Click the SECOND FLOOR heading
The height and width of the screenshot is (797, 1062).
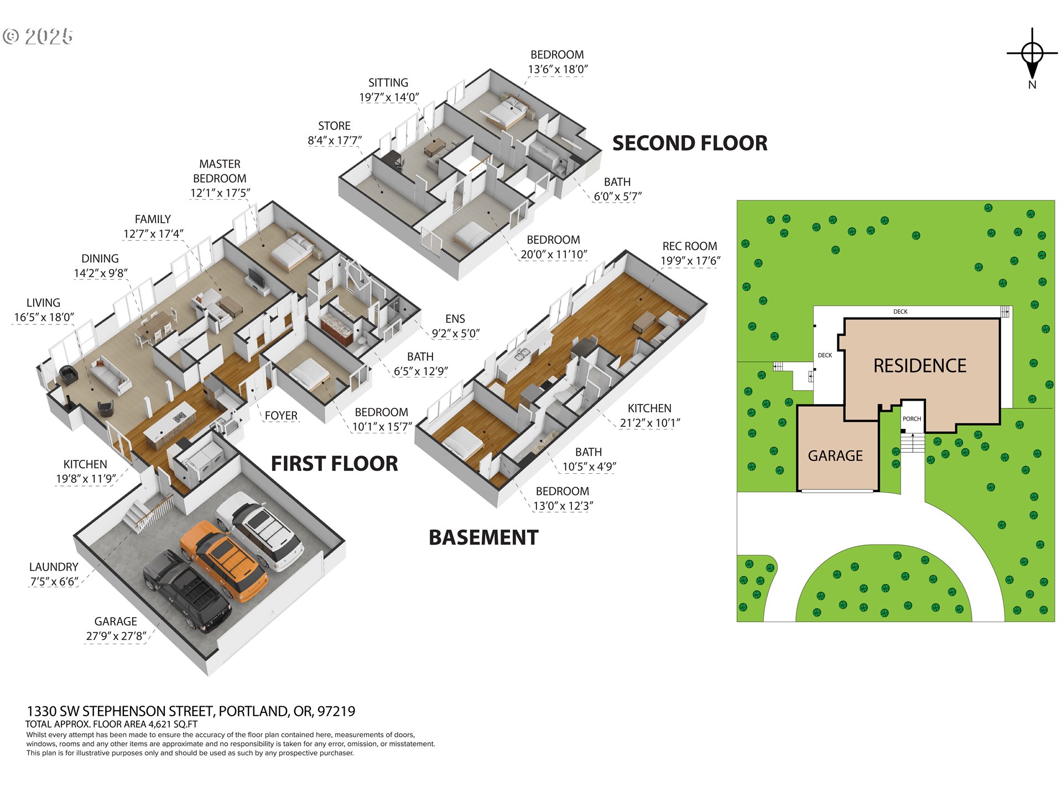tap(689, 143)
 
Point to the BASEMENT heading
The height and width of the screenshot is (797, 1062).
tap(483, 537)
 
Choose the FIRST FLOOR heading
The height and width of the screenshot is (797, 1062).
tap(334, 464)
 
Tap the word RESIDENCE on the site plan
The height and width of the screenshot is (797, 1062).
tap(919, 366)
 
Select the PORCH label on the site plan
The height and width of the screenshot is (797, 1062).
tap(912, 419)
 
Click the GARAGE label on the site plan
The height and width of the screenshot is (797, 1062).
tap(835, 456)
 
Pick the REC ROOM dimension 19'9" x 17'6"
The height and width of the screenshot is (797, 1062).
tap(690, 261)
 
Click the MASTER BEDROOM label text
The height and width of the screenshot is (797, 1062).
tap(220, 171)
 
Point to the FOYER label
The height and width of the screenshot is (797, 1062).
tap(281, 416)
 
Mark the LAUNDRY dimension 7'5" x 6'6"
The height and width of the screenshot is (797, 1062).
tap(54, 582)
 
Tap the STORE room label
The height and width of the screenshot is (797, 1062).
tap(334, 126)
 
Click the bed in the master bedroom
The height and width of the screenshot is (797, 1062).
tap(293, 252)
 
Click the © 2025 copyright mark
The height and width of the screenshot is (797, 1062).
tap(38, 37)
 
